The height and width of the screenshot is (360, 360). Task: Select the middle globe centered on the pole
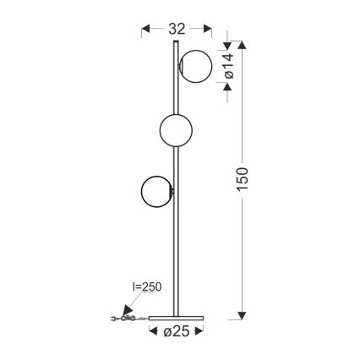(x=177, y=129)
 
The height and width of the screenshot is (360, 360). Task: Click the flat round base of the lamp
(x=177, y=315)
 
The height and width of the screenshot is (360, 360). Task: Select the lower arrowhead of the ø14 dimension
(x=227, y=89)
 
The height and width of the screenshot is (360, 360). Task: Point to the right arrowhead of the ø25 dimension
(x=203, y=330)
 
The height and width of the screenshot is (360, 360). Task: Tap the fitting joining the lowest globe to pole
(x=173, y=193)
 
